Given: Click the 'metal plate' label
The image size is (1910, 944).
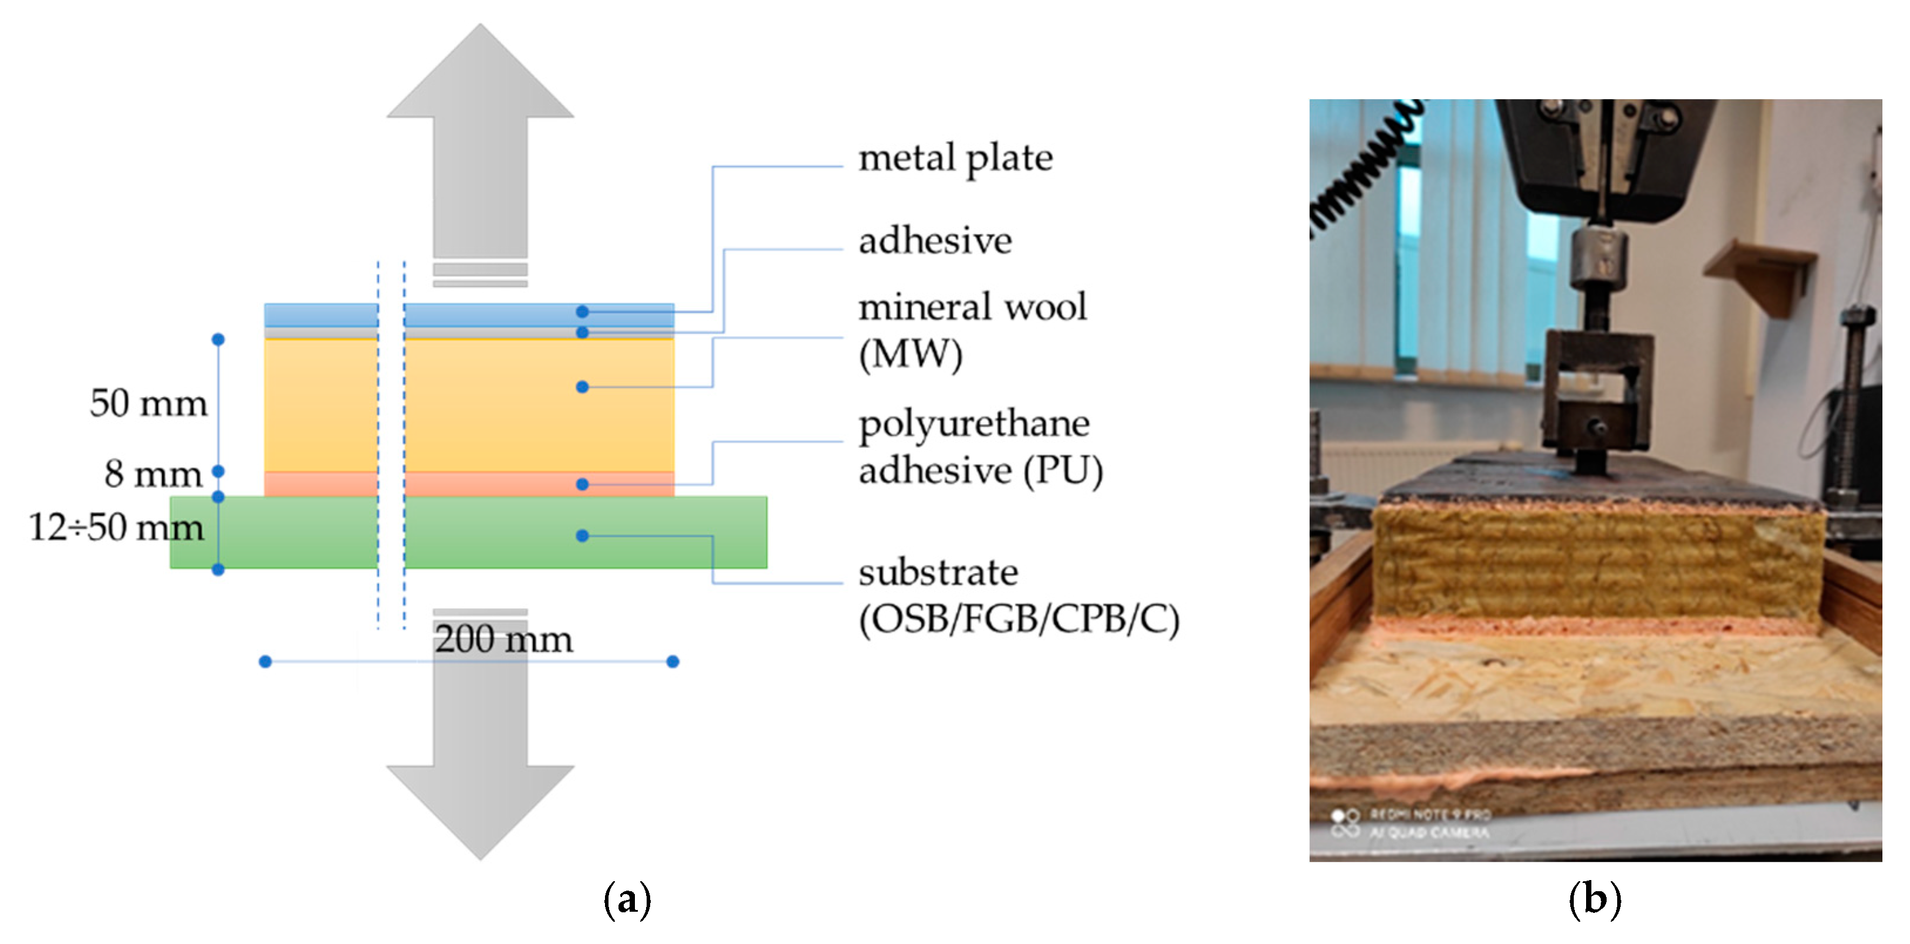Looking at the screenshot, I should (955, 158).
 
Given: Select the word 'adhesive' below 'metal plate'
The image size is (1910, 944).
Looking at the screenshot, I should (935, 241).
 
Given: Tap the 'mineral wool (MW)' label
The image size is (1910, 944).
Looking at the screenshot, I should (971, 329).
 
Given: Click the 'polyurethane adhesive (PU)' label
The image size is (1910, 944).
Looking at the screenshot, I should (980, 447).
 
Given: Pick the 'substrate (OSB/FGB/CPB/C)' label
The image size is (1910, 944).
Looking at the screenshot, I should (1018, 596).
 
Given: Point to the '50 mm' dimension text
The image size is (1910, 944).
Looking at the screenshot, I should (148, 404).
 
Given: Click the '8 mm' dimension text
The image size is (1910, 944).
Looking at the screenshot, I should (153, 474).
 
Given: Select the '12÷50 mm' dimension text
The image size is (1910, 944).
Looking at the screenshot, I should (116, 527).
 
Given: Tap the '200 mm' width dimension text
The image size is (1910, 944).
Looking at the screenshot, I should (503, 640).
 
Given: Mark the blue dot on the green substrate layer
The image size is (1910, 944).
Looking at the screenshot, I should (582, 536).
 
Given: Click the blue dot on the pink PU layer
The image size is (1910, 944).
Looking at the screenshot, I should (582, 484).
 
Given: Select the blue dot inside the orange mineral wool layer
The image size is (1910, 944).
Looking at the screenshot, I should (582, 387).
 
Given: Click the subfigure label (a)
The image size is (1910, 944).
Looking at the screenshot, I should (627, 899).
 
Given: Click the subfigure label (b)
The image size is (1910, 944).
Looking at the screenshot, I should (1595, 899).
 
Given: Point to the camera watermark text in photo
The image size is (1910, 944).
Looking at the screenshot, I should (1427, 824).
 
